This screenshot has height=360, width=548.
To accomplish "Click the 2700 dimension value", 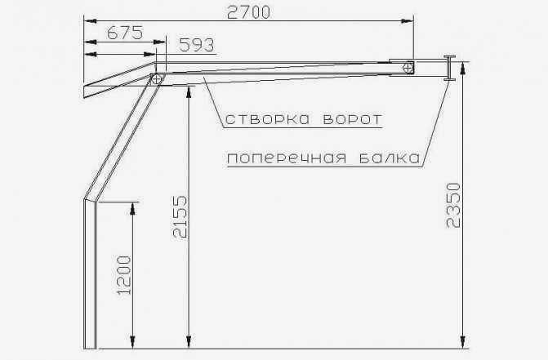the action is [248, 12].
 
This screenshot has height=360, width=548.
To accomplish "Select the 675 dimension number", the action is [125, 33].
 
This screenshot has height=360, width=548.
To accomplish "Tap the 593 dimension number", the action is [196, 45].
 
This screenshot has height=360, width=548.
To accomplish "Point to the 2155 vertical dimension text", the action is [180, 217].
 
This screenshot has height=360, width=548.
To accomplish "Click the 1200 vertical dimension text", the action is [124, 275].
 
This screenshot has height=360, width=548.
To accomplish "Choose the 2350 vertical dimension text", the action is [453, 206].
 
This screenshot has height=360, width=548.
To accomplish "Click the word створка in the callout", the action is [267, 119].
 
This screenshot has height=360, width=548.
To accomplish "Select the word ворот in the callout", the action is [352, 119].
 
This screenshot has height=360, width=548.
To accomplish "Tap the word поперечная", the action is [287, 158].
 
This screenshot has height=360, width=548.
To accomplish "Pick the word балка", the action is [390, 158].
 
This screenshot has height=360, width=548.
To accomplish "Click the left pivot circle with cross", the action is [156, 79].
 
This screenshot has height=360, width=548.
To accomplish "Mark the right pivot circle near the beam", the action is [408, 68].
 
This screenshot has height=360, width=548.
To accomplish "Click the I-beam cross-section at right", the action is [449, 68].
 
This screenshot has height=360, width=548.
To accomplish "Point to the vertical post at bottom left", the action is [90, 274].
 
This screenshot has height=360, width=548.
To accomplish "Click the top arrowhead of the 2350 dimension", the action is [463, 68].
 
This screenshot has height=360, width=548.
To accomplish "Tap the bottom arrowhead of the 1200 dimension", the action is [132, 342].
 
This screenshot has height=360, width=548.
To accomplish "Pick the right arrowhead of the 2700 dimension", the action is [408, 21].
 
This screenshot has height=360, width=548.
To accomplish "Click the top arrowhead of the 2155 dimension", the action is [189, 92].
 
